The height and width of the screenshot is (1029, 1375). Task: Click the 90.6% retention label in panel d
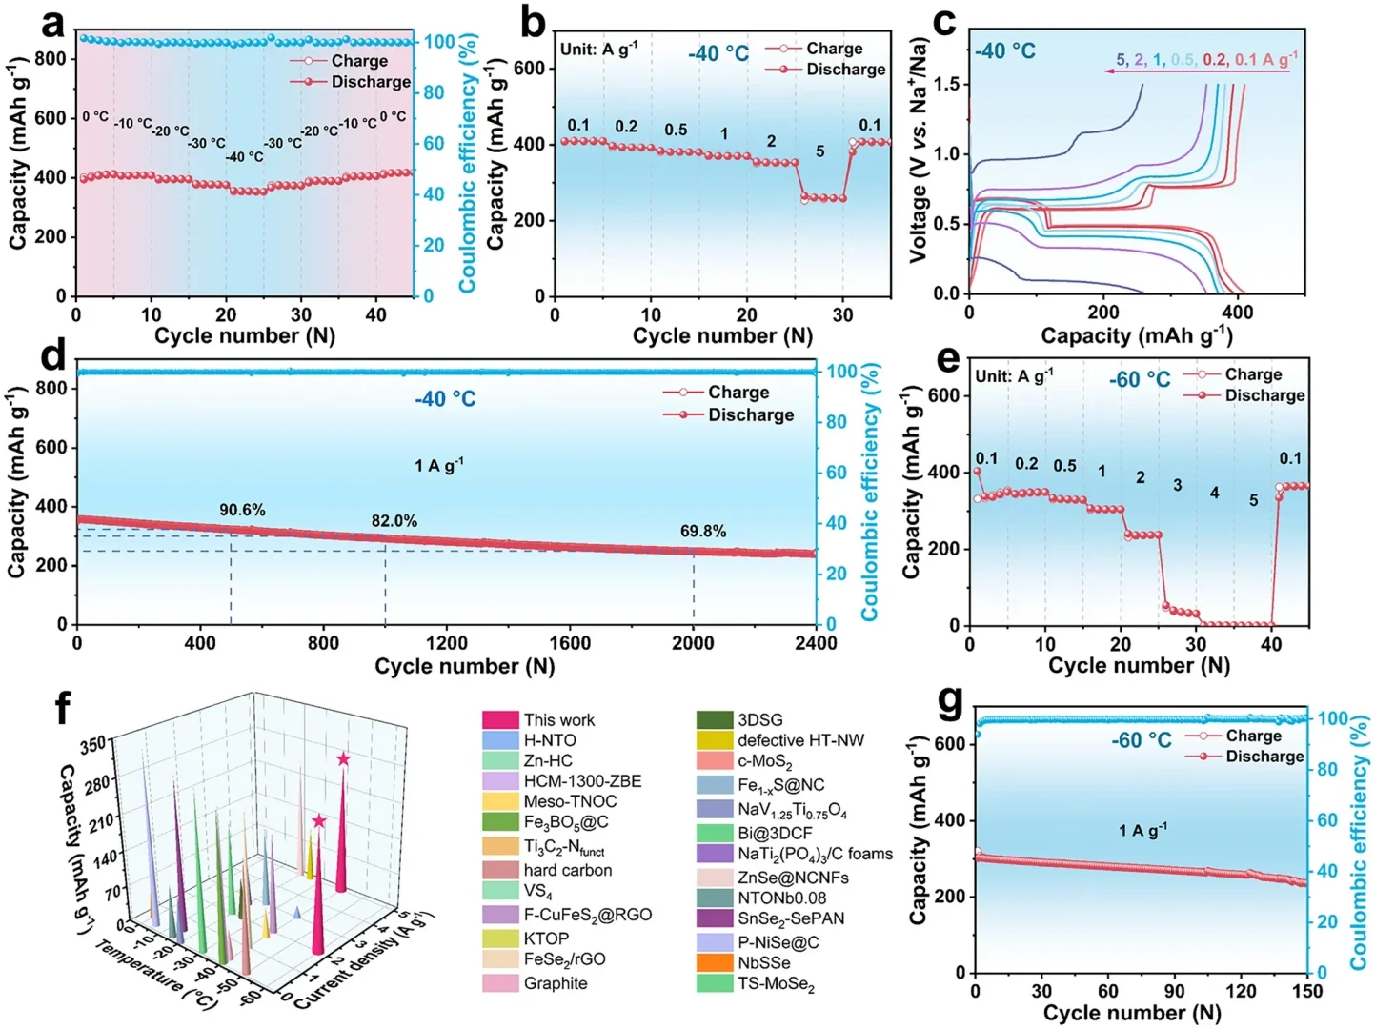pos(242,510)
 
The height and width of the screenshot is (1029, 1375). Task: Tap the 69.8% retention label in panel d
pos(703,531)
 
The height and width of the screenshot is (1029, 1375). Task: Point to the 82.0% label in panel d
pos(394,521)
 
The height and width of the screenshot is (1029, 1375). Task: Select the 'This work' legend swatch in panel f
pos(500,719)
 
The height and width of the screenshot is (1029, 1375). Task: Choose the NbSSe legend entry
pos(763,962)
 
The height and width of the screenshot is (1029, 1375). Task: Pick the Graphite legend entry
pos(555,982)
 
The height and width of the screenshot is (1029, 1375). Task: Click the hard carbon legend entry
pos(567,870)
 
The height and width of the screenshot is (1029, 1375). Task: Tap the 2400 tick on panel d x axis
pos(816,643)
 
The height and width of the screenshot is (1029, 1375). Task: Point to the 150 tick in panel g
pos(1307,991)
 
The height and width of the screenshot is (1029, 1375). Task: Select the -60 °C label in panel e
pos(1140,379)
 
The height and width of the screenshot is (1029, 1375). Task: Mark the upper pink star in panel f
pos(343,759)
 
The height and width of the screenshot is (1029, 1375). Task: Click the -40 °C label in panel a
pos(245,156)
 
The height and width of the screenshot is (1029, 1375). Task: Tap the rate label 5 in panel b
pos(819,151)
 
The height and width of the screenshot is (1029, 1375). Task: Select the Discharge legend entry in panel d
pos(750,414)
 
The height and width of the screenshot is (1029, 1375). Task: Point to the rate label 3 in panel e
pos(1177,486)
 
